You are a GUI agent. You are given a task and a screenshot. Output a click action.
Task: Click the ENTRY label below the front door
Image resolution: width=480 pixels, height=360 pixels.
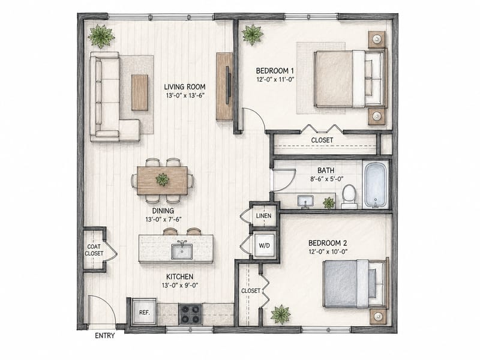pyautogui.click(x=104, y=335)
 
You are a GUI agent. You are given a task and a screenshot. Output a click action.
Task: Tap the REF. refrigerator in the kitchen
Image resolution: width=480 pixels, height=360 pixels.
pyautogui.click(x=144, y=312)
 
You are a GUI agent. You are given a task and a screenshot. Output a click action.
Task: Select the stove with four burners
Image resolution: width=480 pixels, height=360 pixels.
pyautogui.click(x=190, y=314)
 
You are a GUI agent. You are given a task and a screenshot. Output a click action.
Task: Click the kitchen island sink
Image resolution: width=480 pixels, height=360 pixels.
pyautogui.click(x=182, y=251)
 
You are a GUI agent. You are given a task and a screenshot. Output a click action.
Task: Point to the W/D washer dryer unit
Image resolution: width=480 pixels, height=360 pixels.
pyautogui.click(x=265, y=245)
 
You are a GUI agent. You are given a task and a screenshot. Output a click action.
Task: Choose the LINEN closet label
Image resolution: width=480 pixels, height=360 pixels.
pyautogui.click(x=263, y=216)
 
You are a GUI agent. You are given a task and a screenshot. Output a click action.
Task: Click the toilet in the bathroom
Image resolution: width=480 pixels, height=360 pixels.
pyautogui.click(x=349, y=197)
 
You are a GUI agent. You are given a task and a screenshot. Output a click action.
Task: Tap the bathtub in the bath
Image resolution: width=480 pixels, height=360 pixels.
pyautogui.click(x=376, y=185)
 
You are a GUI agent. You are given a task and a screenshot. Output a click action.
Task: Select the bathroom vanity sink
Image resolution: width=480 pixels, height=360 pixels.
pyautogui.click(x=305, y=202)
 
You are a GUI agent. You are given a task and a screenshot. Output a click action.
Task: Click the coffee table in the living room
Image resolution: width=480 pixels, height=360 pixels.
pyautogui.click(x=140, y=92)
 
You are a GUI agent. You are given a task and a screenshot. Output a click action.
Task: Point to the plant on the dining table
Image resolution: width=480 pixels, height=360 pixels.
pyautogui.click(x=162, y=179)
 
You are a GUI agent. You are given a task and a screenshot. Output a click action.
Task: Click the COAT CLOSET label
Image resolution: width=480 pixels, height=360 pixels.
pyautogui.click(x=94, y=250)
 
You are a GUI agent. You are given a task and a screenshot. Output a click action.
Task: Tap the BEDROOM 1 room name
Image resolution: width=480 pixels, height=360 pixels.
pyautogui.click(x=272, y=71)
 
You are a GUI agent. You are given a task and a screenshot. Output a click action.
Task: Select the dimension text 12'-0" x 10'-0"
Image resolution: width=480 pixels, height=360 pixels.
pyautogui.click(x=328, y=252)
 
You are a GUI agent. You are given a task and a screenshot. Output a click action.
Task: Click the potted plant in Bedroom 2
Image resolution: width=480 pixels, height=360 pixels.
pyautogui.click(x=280, y=314)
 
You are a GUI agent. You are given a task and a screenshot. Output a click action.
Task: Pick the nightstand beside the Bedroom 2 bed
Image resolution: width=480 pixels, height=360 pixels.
pyautogui.click(x=378, y=317)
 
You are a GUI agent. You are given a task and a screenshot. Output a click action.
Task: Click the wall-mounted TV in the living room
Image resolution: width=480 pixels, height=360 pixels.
pyautogui.click(x=227, y=85)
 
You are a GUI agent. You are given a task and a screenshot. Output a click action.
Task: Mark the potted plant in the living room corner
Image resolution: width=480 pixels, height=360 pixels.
pyautogui.click(x=101, y=36)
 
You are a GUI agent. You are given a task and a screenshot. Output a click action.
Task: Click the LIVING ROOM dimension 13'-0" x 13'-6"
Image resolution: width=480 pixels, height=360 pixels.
pyautogui.click(x=185, y=95)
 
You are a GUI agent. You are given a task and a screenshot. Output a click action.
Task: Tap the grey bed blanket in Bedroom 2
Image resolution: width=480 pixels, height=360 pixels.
pyautogui.click(x=340, y=283)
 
